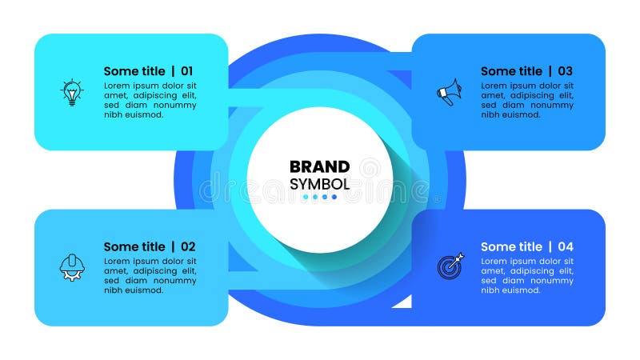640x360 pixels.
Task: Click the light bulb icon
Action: click(x=73, y=92)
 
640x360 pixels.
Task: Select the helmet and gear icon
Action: click(x=72, y=266)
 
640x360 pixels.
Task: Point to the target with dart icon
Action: click(x=450, y=266)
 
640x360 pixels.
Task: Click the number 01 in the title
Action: click(x=186, y=71)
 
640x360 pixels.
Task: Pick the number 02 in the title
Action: click(x=187, y=246)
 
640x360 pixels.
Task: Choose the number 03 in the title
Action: click(x=565, y=71)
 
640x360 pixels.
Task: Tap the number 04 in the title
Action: click(x=565, y=246)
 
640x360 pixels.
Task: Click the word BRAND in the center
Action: click(x=319, y=166)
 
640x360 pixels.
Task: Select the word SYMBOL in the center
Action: click(x=319, y=183)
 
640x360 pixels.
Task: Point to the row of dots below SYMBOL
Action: click(x=320, y=197)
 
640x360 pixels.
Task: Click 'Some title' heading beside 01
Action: click(x=134, y=71)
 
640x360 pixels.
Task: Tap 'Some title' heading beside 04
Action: click(x=511, y=246)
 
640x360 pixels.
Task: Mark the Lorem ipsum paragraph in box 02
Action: click(x=150, y=275)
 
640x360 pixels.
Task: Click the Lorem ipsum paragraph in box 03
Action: click(x=526, y=100)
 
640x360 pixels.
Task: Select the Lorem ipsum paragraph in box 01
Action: click(x=150, y=100)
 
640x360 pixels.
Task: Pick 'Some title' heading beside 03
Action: click(x=511, y=71)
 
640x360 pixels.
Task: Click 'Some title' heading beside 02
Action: click(x=134, y=246)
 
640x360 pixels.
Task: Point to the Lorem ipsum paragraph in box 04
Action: click(x=526, y=275)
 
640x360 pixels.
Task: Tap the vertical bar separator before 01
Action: click(x=173, y=71)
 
